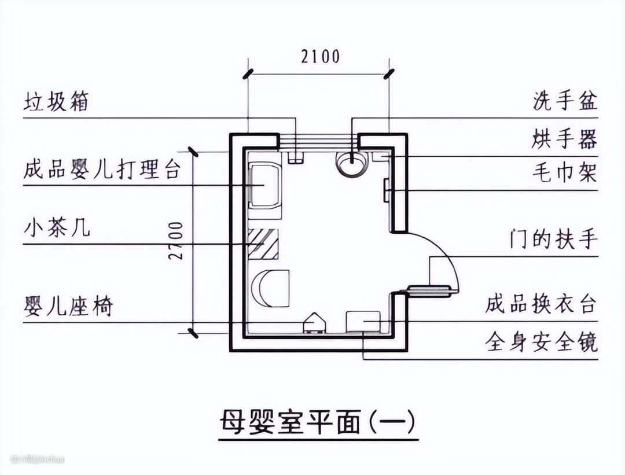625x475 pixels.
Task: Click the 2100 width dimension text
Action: [x=320, y=57]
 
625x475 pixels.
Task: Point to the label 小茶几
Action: [x=57, y=228]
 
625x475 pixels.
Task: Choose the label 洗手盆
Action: [x=564, y=102]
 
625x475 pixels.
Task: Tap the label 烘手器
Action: [x=564, y=139]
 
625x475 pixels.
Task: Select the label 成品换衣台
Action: [x=541, y=304]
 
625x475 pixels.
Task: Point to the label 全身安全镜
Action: [x=541, y=343]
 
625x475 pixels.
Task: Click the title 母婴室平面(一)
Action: [x=318, y=423]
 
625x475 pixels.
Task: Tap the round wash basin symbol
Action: [x=351, y=163]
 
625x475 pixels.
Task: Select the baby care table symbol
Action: [x=265, y=184]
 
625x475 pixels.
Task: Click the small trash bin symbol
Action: [x=295, y=157]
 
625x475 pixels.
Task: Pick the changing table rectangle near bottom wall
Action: [x=363, y=321]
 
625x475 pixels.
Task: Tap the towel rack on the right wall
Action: [x=386, y=190]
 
